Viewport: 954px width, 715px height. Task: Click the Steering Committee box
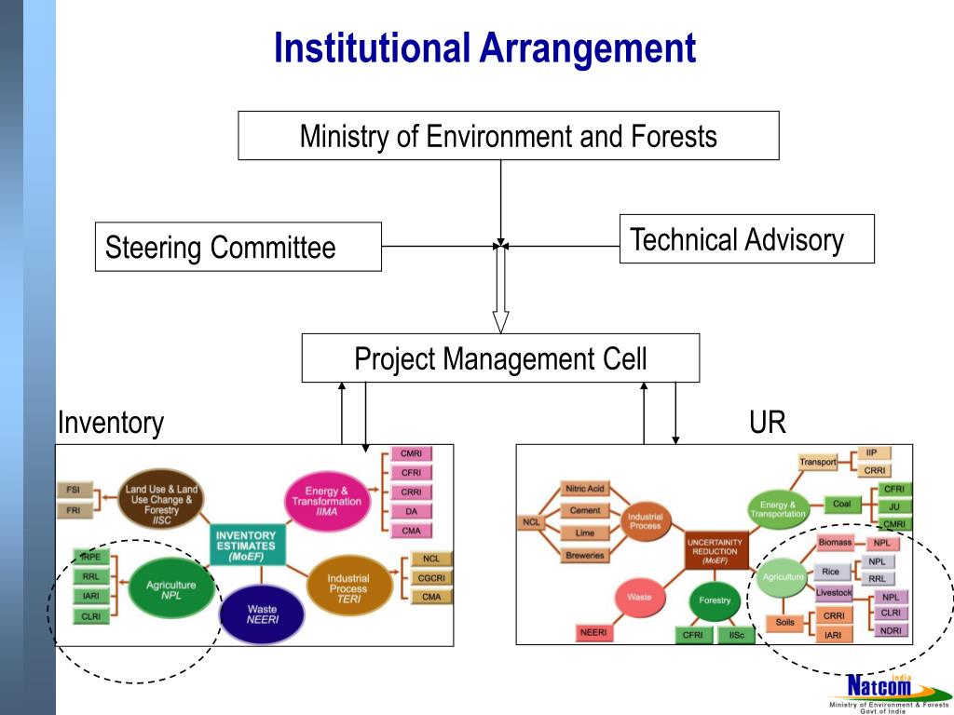[x=238, y=247]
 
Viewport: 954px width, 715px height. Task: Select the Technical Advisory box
[x=746, y=239]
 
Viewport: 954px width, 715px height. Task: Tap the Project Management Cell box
[x=500, y=358]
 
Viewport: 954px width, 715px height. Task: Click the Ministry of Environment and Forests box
[x=508, y=136]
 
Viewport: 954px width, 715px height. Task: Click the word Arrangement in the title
[x=588, y=48]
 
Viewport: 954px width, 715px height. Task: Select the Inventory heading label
[x=110, y=423]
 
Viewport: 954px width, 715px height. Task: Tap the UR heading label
[x=767, y=423]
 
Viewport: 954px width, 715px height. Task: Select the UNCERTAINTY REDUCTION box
[x=715, y=550]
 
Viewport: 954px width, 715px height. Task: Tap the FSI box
[x=73, y=490]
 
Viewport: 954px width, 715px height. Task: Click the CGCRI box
[x=431, y=578]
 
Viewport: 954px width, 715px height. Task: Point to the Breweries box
[x=584, y=556]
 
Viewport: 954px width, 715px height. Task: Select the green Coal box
[x=842, y=505]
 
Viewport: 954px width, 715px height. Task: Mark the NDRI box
[x=891, y=630]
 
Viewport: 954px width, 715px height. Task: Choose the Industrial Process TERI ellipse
[x=348, y=584]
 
